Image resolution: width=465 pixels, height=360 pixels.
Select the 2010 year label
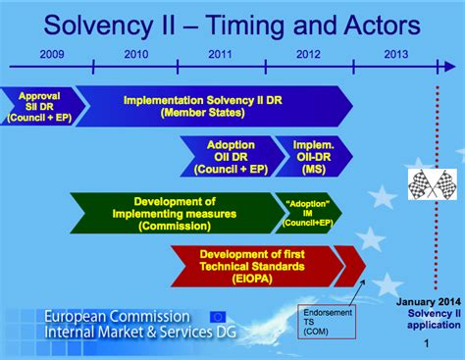pos(137,55)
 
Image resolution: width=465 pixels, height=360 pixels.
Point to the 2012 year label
pos(308,55)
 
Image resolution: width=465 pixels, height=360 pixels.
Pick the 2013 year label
pos(396,55)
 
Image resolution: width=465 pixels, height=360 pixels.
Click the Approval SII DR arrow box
pos(35,106)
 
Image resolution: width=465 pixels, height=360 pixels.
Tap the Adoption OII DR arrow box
pos(232,156)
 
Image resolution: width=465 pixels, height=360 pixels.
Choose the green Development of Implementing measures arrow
pos(172,212)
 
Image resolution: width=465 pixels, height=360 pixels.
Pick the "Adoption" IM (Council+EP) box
pos(307,212)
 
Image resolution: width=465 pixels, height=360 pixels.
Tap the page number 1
pos(425,345)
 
